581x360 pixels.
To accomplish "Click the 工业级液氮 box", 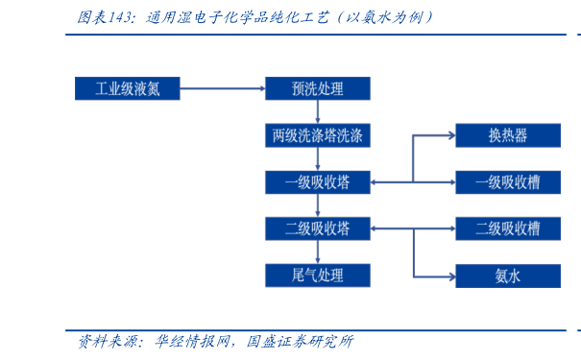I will tap(127, 89).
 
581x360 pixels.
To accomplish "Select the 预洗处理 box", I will tap(317, 89).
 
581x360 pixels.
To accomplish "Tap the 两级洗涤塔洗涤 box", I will tap(317, 135).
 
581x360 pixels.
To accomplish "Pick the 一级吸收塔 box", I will tap(317, 182).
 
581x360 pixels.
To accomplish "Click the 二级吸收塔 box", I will tap(317, 228).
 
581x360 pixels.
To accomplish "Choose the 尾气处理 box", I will tap(317, 276).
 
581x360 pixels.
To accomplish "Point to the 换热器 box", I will tap(507, 135).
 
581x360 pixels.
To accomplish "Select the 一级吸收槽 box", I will tap(507, 182).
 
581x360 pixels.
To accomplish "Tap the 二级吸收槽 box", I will tap(507, 228).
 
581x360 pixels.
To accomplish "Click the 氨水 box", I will tap(507, 276).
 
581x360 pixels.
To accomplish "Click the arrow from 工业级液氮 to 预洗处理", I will tap(222, 89).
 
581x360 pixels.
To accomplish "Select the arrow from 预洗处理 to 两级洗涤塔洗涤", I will tap(317, 112).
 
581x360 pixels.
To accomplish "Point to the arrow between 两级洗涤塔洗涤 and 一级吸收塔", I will tap(317, 159).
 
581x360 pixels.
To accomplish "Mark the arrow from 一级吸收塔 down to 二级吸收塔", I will tap(317, 205).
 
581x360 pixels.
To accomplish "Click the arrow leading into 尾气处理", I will tap(317, 252).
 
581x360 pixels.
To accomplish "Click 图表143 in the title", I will tap(104, 16).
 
